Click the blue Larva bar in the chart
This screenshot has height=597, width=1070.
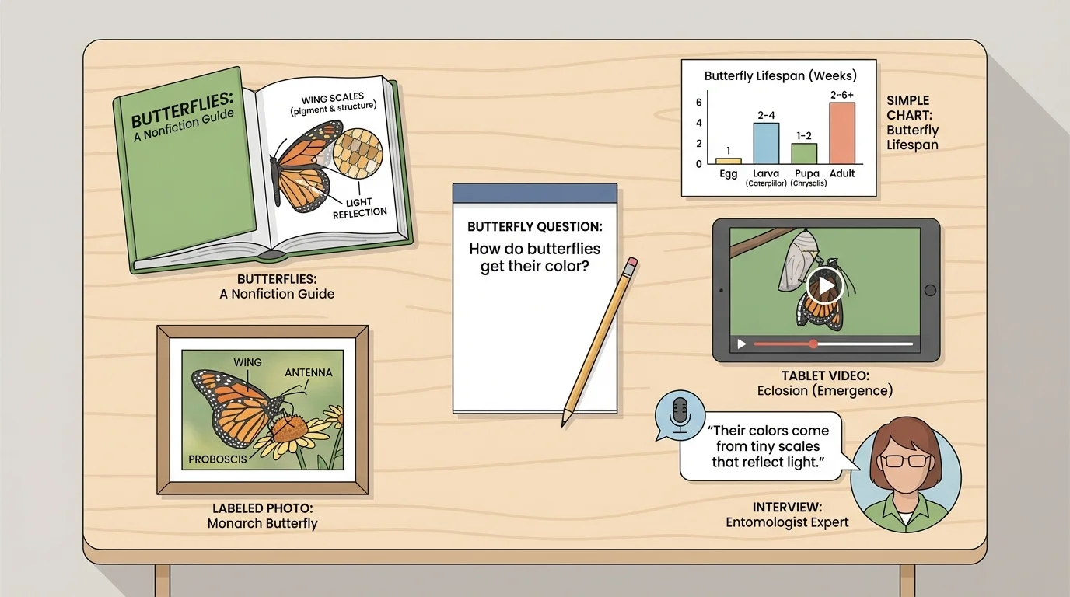(766, 143)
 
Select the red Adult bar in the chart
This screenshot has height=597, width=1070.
(841, 133)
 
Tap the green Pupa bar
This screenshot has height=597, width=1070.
(804, 153)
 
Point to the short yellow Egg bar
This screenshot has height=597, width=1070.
(728, 161)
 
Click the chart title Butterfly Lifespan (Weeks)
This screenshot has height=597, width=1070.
(780, 76)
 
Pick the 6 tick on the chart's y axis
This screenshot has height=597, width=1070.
(698, 103)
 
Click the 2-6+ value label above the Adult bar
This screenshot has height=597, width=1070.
(841, 95)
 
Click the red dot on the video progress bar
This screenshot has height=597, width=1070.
(813, 344)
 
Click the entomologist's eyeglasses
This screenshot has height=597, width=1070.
(906, 460)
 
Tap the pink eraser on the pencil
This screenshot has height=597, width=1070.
(631, 263)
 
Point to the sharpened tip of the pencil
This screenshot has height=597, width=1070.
(564, 424)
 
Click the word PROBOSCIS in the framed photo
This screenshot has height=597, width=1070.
(218, 459)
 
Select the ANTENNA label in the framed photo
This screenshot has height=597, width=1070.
(308, 372)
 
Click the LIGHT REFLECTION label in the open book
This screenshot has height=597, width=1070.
(360, 208)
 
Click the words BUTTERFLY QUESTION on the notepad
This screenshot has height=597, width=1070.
(534, 227)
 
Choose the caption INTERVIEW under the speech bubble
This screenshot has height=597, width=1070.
(786, 507)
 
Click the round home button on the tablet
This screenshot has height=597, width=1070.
(929, 290)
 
